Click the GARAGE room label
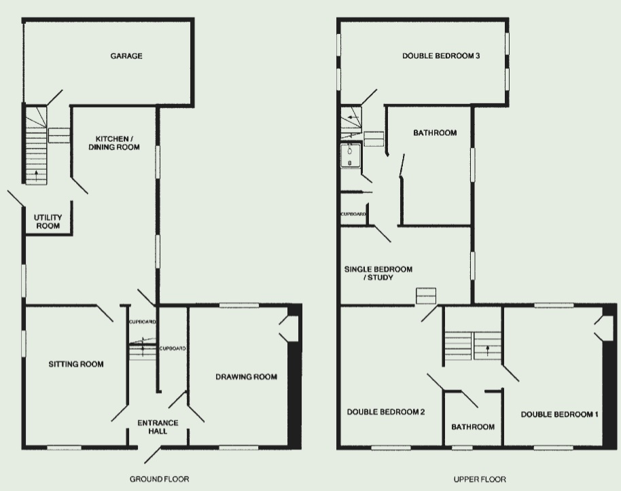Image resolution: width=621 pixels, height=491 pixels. [x=126, y=56]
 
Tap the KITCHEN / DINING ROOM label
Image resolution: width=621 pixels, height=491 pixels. [x=114, y=143]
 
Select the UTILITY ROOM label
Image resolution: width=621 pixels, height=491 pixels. [x=48, y=222]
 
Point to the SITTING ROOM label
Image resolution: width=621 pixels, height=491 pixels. [x=76, y=364]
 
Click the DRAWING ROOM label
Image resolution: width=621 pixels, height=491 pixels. [x=247, y=376]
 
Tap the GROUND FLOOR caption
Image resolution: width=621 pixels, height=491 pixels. [x=159, y=479]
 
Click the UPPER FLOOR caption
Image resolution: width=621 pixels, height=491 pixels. [x=480, y=479]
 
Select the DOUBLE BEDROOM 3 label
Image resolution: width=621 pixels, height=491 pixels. [x=441, y=56]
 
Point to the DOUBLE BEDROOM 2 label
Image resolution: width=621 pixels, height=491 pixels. [x=386, y=412]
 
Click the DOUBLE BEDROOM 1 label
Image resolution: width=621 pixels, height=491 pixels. [x=559, y=414]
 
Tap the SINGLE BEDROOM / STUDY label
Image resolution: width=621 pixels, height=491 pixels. [x=378, y=273]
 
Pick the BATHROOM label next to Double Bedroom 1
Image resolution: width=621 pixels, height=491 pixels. [x=473, y=427]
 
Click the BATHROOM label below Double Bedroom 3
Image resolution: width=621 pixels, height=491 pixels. [x=435, y=132]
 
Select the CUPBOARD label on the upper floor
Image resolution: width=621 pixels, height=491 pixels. [x=353, y=214]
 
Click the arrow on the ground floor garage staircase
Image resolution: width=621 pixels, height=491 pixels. [x=37, y=175]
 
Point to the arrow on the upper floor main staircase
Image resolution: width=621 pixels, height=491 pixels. [x=488, y=350]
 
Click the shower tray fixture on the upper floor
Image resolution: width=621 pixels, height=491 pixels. [x=351, y=156]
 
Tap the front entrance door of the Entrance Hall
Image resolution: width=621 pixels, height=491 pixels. [x=153, y=455]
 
